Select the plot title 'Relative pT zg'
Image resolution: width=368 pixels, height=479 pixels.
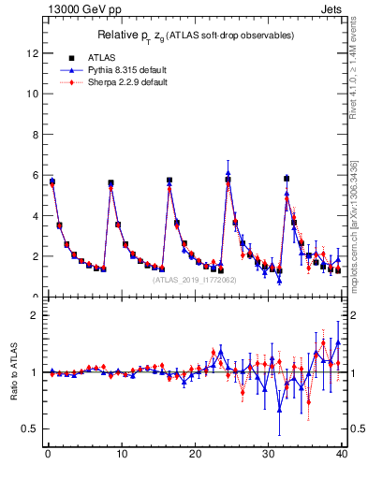coord(197,35)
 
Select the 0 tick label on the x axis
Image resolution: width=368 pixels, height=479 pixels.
coord(48,456)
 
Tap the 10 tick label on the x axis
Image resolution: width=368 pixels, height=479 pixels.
coord(121,456)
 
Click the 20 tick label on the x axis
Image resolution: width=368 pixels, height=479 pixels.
coord(195,456)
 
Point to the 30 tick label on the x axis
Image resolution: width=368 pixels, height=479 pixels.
coord(268,456)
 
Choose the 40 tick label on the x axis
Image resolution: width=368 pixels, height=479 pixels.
coord(342,456)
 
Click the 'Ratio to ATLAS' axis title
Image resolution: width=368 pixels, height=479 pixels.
coord(13,371)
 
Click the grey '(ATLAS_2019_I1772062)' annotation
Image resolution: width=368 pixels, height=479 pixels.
coord(196,279)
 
